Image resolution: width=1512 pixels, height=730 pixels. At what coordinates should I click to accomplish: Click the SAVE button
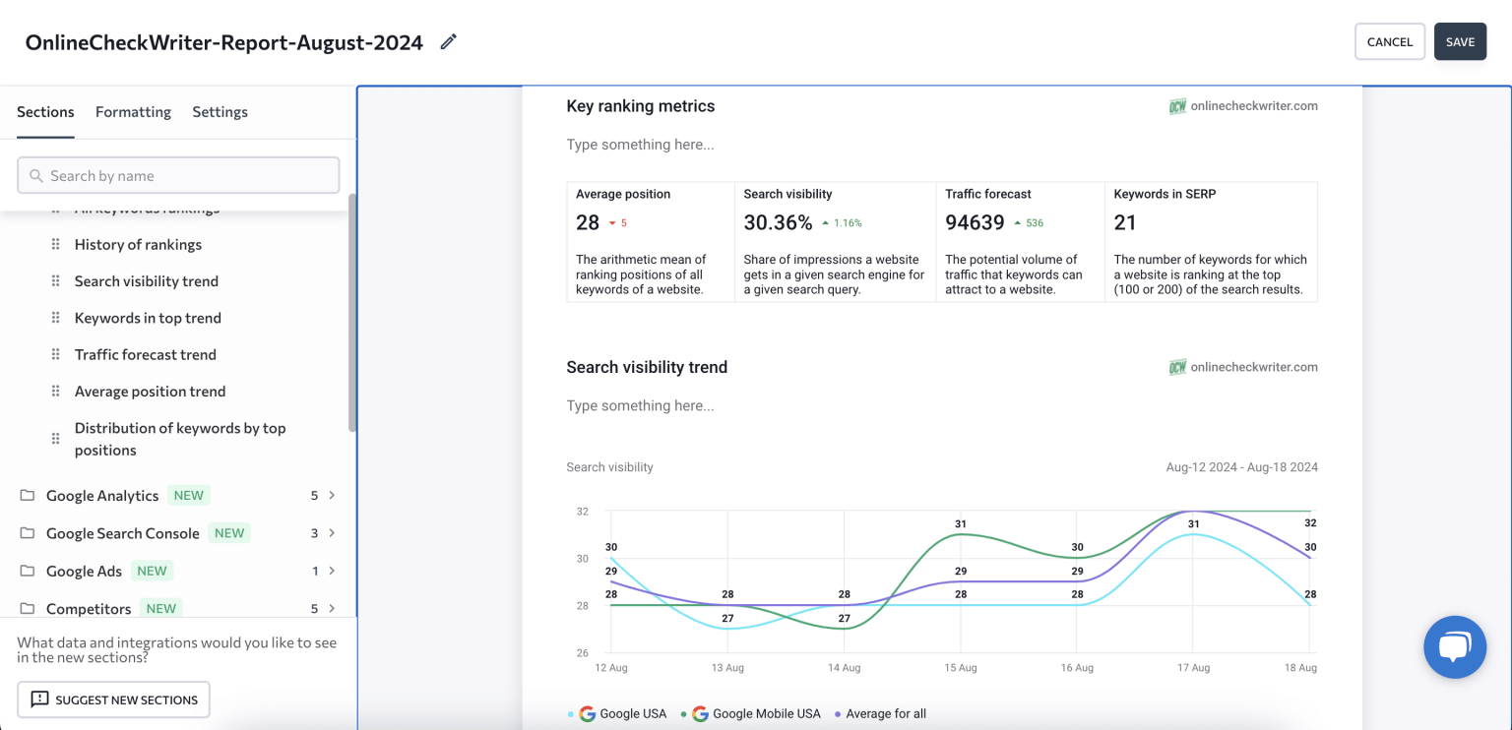(1460, 42)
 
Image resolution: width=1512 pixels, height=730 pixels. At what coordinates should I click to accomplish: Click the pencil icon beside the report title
(448, 41)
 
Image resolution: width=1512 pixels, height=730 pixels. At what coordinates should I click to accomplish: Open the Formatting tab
(133, 112)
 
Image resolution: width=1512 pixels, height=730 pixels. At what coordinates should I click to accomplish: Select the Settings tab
(220, 112)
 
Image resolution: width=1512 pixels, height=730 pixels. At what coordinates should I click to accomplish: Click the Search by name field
(178, 176)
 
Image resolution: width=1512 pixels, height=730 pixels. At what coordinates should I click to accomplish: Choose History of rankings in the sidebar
(138, 245)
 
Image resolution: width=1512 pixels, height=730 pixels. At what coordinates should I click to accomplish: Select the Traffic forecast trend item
(145, 355)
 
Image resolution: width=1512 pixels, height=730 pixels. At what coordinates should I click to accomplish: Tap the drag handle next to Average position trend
(55, 392)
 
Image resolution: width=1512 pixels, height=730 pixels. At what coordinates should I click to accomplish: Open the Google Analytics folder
(102, 496)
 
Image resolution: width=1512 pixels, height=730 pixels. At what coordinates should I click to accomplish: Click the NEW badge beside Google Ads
(152, 571)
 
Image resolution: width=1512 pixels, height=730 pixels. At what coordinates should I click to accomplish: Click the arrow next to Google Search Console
(332, 533)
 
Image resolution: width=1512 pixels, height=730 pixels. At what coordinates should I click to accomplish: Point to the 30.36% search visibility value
(778, 223)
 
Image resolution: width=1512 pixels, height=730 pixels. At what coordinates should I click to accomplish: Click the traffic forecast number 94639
(975, 223)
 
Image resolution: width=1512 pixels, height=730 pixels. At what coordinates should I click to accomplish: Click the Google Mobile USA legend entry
(766, 714)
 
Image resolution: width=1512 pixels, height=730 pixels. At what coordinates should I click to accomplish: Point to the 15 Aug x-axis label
(960, 668)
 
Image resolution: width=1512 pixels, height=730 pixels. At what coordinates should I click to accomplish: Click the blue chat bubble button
(1454, 647)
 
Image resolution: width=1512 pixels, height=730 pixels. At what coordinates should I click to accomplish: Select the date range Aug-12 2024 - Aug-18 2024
(1241, 467)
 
